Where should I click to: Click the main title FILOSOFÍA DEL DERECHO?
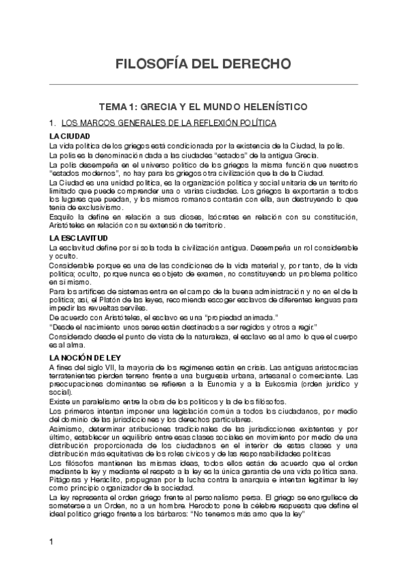tap(203, 64)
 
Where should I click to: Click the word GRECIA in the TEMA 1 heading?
tap(168, 107)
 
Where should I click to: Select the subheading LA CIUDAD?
tap(69, 137)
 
